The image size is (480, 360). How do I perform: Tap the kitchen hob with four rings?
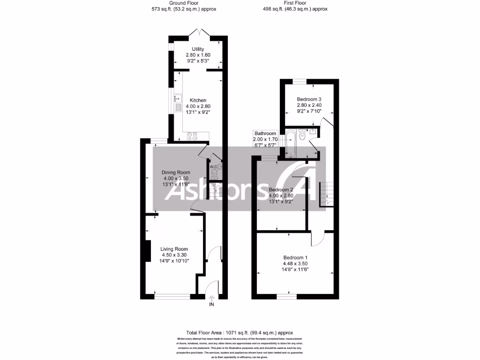(x=192, y=136)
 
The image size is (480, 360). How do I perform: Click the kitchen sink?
(x=178, y=99)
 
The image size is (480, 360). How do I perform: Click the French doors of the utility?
(x=198, y=32)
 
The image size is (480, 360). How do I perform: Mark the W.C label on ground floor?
(x=213, y=166)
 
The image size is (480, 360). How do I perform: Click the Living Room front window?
(x=172, y=296)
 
